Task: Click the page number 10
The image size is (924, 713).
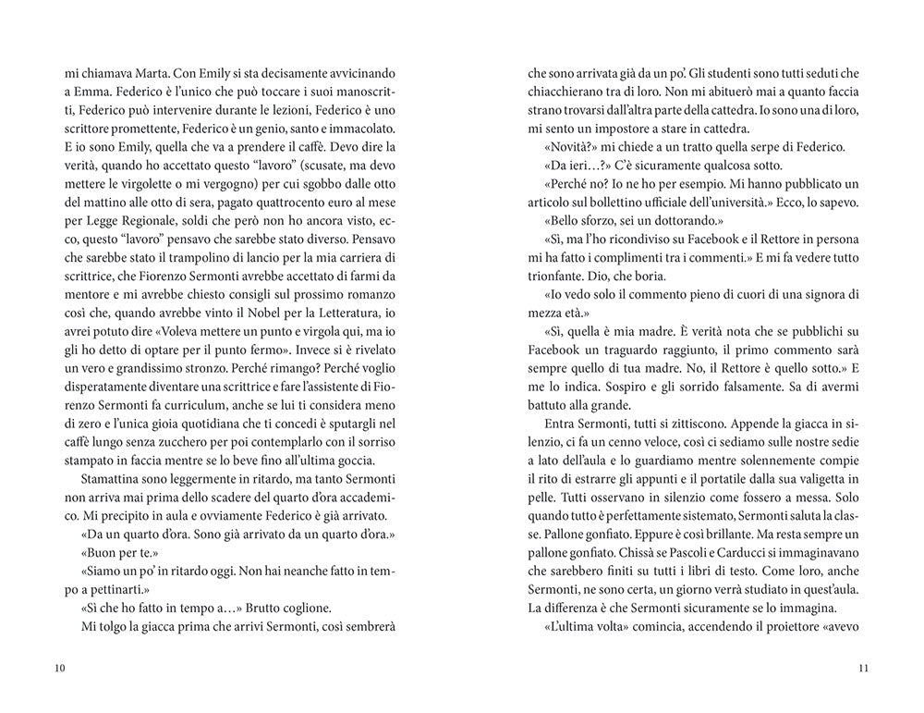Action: click(x=60, y=669)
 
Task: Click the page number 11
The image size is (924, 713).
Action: click(x=863, y=669)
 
